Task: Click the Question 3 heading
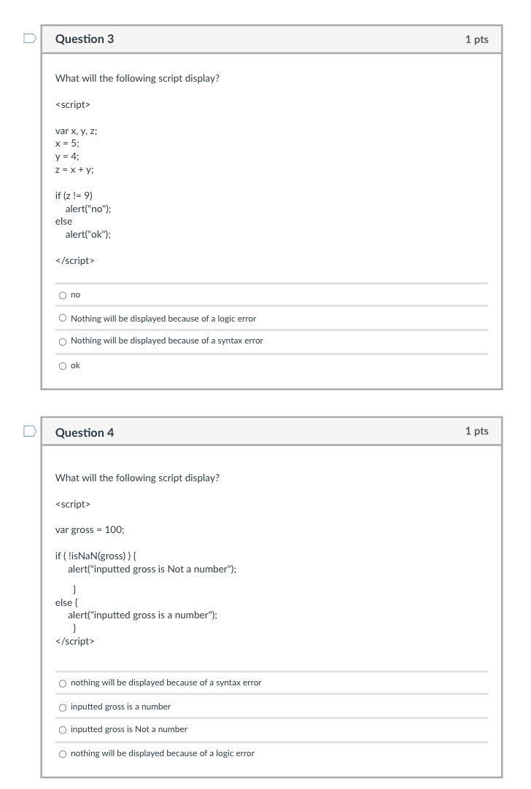point(85,39)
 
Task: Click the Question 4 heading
point(85,432)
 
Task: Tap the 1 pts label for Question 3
point(476,39)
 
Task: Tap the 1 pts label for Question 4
point(476,431)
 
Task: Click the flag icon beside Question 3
point(29,39)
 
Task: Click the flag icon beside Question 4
point(29,432)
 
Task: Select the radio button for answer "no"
point(63,295)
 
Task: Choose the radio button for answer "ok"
point(63,366)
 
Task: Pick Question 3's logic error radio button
point(63,319)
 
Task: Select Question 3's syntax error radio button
point(63,341)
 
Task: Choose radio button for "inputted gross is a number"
point(63,707)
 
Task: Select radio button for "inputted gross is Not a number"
point(63,730)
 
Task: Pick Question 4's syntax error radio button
point(63,683)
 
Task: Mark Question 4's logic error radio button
point(63,754)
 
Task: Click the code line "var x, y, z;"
point(77,131)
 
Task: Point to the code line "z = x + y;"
point(74,169)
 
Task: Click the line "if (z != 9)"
point(74,195)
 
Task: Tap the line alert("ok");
point(88,234)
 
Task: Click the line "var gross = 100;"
point(90,529)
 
